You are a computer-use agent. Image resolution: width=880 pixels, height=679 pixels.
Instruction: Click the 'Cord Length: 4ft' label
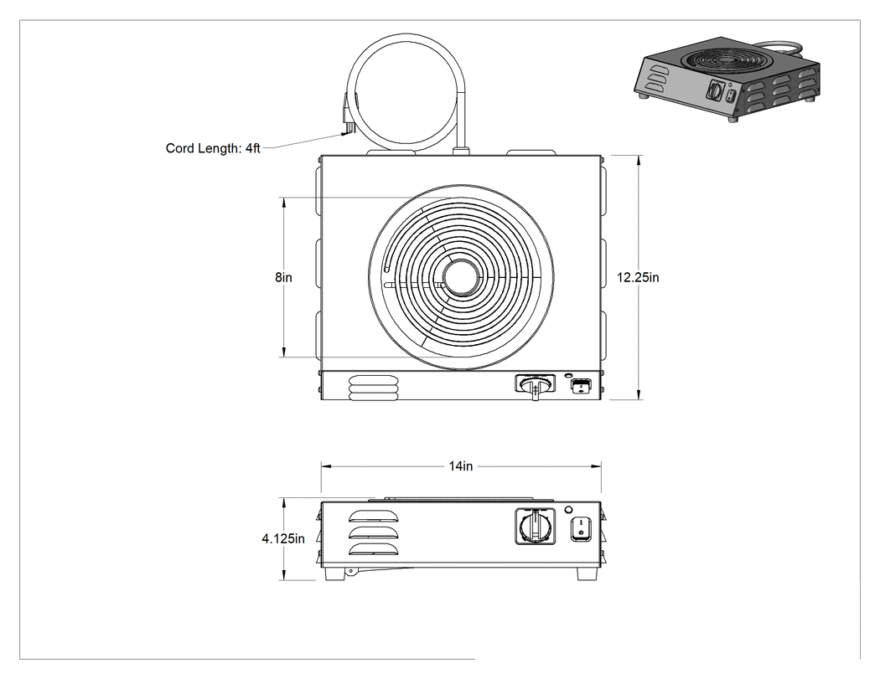[213, 148]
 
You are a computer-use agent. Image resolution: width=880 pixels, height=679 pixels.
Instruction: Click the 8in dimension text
[283, 277]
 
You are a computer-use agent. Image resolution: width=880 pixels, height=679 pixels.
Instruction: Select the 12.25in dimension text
[638, 277]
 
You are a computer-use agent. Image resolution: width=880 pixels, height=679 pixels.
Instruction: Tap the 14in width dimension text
[461, 466]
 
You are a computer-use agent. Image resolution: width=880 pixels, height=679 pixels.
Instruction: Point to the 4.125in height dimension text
[283, 538]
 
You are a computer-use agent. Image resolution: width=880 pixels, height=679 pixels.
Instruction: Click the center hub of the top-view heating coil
[461, 278]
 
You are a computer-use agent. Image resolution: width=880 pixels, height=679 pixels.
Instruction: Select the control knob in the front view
[536, 526]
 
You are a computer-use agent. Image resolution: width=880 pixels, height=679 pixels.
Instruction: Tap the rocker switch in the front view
[581, 528]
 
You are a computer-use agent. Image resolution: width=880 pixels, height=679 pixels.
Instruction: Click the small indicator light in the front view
[568, 510]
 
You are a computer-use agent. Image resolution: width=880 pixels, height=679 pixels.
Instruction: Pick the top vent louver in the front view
[374, 517]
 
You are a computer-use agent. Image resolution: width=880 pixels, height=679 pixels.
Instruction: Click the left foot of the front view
[334, 574]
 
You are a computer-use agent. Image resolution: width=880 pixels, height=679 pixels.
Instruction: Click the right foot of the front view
[587, 574]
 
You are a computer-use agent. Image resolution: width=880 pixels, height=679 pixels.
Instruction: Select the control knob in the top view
[536, 386]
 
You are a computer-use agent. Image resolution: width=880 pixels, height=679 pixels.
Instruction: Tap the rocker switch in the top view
[581, 386]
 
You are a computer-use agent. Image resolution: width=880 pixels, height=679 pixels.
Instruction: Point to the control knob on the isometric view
[716, 90]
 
